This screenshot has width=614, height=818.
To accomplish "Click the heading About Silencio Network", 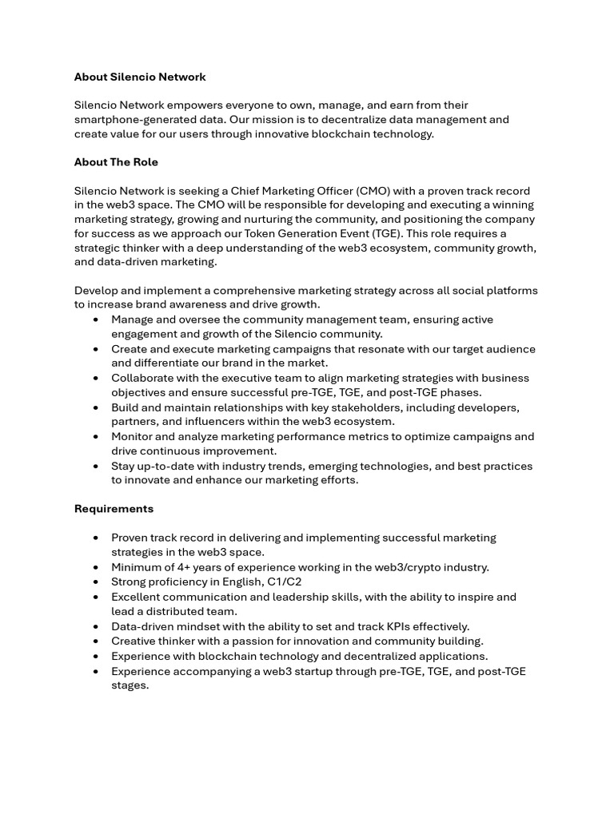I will pos(140,77).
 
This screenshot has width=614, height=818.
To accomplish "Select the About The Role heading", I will pos(116,162).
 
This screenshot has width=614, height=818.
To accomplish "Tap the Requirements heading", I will pos(114,509).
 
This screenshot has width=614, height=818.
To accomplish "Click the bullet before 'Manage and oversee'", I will pos(96,320).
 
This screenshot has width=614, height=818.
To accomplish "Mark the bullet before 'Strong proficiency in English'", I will pos(96,582).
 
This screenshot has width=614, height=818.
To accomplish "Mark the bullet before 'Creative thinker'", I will pos(96,641).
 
